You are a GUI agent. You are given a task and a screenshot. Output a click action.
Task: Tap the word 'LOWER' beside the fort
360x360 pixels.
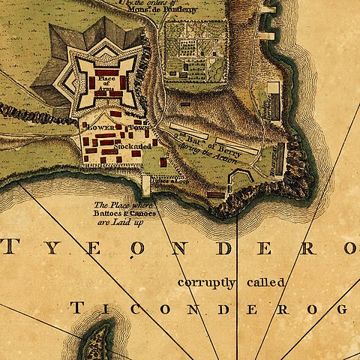click(x=99, y=128)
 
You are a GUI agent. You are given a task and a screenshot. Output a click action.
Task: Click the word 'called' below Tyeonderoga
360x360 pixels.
click(x=265, y=282)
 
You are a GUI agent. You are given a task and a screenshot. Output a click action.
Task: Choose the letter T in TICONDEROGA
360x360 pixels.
click(x=76, y=308)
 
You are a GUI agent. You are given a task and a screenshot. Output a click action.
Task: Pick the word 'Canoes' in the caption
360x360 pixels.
click(x=142, y=214)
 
